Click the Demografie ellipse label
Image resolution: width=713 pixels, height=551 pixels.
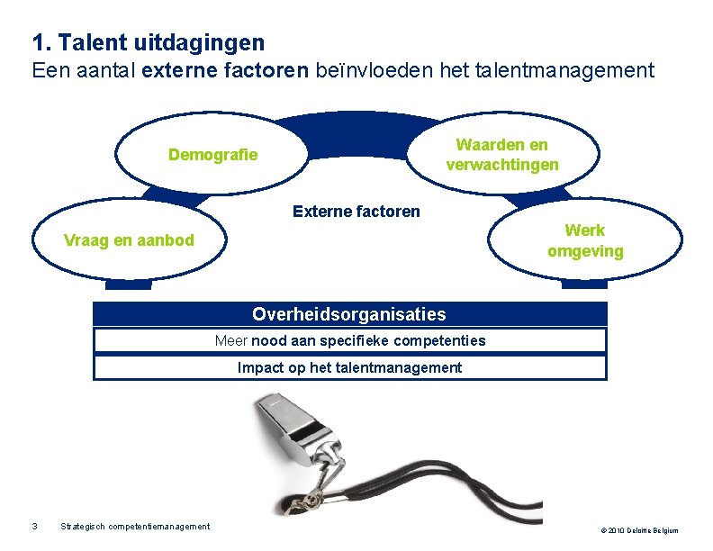(x=212, y=155)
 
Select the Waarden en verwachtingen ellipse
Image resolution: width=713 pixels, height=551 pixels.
(x=502, y=155)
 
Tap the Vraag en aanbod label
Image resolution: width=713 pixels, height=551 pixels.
(x=129, y=240)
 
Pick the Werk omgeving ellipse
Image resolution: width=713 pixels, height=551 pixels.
(x=585, y=241)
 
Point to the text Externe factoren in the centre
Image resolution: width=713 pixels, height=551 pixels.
(x=356, y=212)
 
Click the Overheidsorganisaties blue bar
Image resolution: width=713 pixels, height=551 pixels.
(x=349, y=314)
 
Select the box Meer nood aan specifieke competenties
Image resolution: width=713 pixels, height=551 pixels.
(x=349, y=340)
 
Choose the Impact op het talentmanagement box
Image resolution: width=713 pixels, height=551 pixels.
(x=349, y=367)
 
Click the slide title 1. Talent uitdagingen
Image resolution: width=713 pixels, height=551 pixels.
(x=149, y=42)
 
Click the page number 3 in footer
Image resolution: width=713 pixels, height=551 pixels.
(x=34, y=527)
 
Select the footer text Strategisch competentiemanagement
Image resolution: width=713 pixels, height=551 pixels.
(x=135, y=527)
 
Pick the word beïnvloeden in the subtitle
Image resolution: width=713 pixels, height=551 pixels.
(x=367, y=70)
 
